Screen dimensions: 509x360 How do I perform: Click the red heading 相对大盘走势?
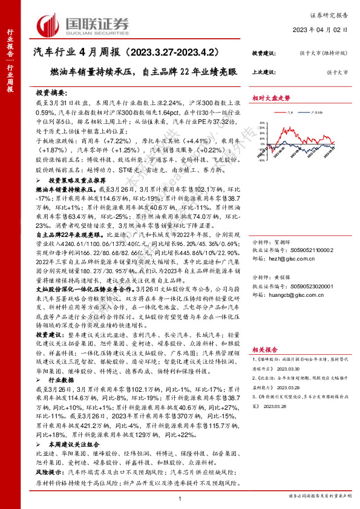pos(272,97)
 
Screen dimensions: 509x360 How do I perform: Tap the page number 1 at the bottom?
pos(180,496)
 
